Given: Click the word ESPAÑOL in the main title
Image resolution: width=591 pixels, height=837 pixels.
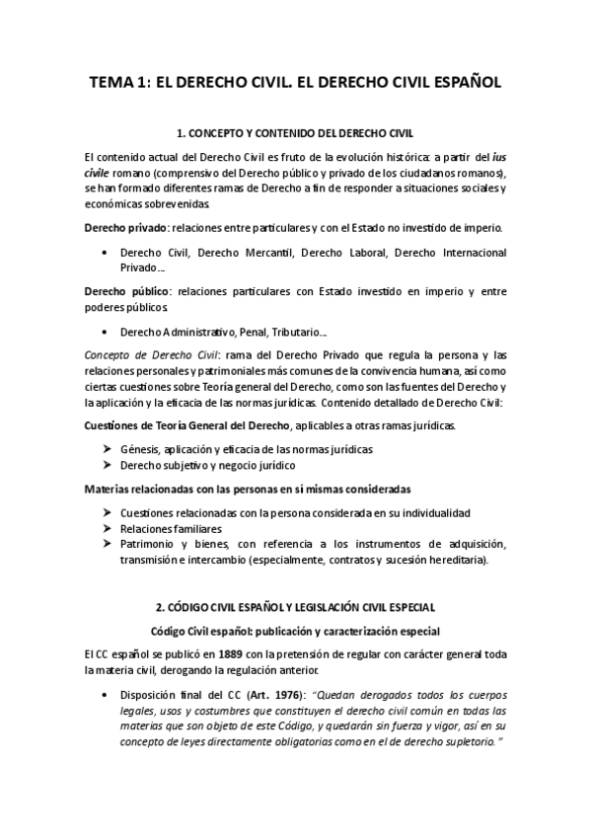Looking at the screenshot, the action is [462, 84].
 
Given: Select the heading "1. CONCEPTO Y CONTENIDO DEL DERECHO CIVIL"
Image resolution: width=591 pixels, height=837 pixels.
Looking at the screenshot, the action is [295, 132].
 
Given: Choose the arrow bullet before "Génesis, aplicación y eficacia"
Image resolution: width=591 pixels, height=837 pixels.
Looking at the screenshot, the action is [107, 449].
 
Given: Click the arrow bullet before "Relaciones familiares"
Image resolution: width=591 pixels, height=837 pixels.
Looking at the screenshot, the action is [107, 529].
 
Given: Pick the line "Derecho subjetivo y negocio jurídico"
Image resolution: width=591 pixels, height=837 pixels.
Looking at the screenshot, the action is [206, 464].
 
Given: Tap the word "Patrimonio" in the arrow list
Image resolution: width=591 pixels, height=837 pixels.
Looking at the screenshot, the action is [148, 544].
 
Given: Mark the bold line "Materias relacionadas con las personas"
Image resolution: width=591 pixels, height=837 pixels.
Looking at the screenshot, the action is [247, 489].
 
